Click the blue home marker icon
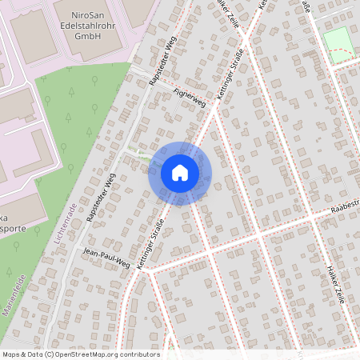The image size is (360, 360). [180, 173]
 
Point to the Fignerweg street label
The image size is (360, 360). [189, 98]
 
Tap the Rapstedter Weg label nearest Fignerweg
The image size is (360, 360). [162, 61]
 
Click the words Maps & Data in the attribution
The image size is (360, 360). [22, 354]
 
